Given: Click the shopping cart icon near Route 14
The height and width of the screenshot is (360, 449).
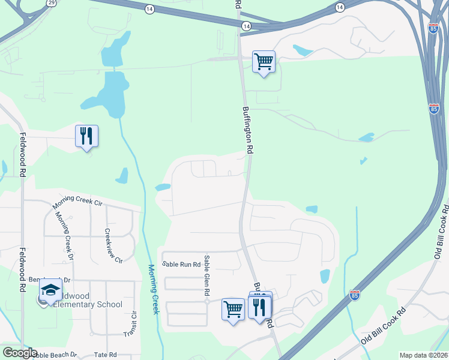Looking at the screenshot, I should (264, 62).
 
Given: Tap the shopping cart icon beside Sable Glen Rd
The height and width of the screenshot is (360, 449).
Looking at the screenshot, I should (233, 310).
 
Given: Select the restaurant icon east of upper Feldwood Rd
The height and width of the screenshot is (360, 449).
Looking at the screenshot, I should (86, 136).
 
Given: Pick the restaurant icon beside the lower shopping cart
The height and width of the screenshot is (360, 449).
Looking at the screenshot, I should (259, 308).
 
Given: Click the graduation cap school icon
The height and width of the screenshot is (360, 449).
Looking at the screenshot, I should (51, 291).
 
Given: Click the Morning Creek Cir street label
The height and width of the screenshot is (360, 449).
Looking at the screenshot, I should (77, 202).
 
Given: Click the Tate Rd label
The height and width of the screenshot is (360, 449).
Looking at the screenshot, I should (106, 355).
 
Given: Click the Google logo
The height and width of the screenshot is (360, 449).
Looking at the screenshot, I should (20, 353).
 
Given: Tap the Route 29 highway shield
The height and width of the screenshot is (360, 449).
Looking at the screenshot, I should (52, 3).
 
